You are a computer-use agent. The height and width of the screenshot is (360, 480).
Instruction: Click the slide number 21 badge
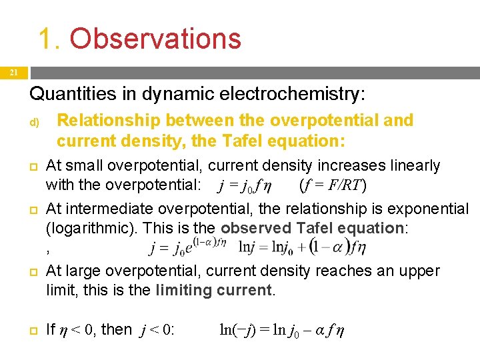pos(13,73)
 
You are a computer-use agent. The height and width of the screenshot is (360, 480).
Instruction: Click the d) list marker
pos(34,123)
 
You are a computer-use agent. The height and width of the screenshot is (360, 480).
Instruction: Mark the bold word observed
pos(254,228)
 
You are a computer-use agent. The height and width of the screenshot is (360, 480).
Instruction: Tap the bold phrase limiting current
pos(213,290)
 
